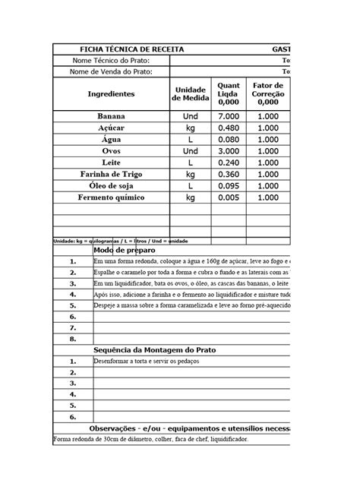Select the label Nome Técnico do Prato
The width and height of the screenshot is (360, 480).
tap(111, 61)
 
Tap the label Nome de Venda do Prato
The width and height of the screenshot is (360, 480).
tap(111, 72)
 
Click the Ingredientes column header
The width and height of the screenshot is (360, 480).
tap(111, 94)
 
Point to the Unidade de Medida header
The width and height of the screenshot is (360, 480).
tap(190, 94)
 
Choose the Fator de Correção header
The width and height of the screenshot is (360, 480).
tap(267, 94)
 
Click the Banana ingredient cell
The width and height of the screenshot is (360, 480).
tap(111, 116)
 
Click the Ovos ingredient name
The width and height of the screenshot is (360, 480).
tap(111, 151)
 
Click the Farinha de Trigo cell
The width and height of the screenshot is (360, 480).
tap(111, 175)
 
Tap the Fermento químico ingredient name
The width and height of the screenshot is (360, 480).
tap(111, 197)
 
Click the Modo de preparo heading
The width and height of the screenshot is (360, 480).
tap(126, 250)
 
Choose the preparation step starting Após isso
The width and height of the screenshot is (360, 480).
tap(190, 295)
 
